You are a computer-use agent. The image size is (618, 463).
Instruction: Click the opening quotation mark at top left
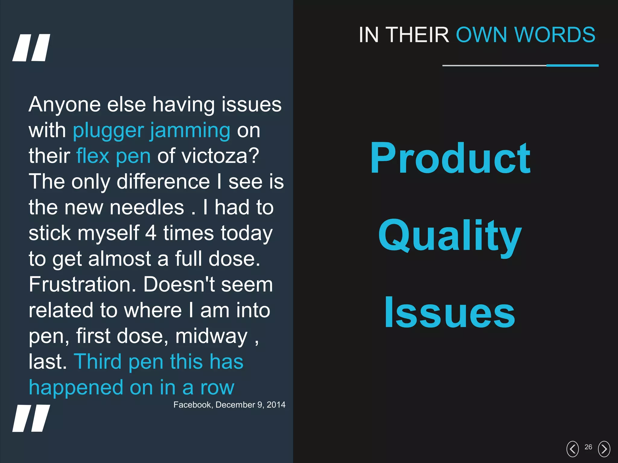point(31,48)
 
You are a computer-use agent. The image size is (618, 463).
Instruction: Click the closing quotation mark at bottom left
point(31,418)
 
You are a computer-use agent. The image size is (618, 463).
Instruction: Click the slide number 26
point(588,447)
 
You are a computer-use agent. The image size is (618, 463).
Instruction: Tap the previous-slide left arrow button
point(572,449)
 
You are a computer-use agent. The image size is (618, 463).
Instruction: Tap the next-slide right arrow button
point(604,449)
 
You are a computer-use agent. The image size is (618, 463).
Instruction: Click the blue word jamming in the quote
point(190,131)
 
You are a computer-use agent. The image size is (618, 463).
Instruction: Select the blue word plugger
point(108,131)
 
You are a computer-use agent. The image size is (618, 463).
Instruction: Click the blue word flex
point(93,156)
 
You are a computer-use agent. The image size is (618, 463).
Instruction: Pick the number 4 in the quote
point(151,233)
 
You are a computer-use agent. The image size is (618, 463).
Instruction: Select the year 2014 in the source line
point(276,405)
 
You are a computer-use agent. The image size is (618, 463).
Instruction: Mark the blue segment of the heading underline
point(572,65)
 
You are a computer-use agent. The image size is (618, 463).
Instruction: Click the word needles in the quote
point(147,208)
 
